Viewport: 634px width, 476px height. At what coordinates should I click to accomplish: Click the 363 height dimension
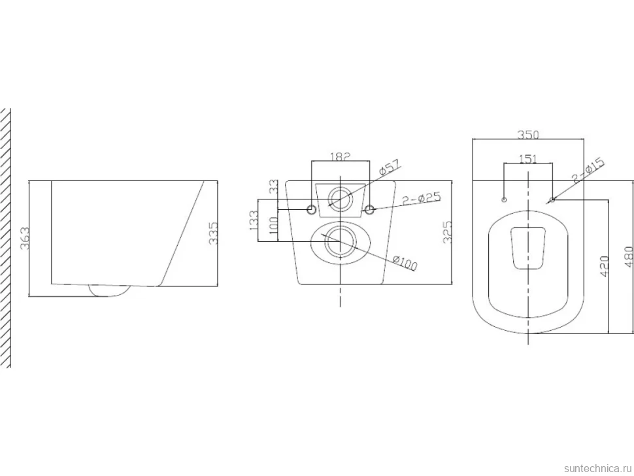25,239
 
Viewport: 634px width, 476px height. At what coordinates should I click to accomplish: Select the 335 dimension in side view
213,233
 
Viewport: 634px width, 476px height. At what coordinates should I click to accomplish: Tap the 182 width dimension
340,156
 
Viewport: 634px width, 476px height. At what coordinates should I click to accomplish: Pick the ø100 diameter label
405,262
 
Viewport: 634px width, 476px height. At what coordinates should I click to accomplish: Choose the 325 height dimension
447,233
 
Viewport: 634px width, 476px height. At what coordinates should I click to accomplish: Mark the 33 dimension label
274,186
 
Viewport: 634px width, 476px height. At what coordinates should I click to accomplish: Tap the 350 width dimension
528,135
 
